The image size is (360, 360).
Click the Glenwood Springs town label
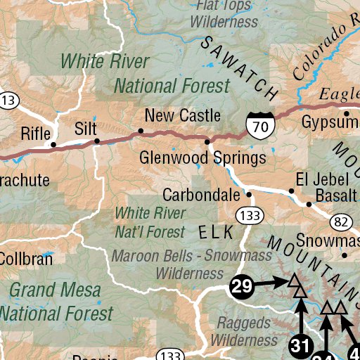point(202,157)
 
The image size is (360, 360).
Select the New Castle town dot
point(141,131)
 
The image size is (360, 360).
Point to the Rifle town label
point(36,134)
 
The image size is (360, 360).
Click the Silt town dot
point(98,141)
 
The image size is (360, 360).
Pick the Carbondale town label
point(202,194)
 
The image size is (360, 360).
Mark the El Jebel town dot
point(292,191)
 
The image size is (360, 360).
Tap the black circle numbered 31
point(300,345)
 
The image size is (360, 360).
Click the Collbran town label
point(25,259)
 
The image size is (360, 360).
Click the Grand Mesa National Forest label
point(60,301)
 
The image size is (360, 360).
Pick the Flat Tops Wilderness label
point(224,14)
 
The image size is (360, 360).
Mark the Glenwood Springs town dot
point(207,142)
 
